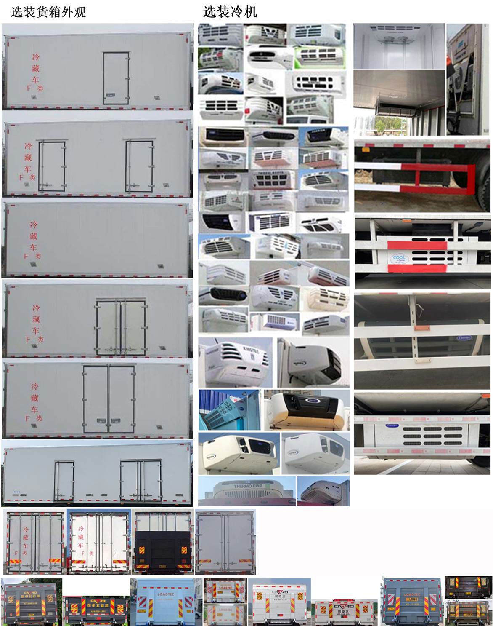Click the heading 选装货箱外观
pos(48,12)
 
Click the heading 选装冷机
pos(230,12)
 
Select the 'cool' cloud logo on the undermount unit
pos(398,257)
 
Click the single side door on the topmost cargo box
pos(116,78)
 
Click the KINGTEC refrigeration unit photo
pos(236,362)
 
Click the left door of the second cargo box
pos(52,166)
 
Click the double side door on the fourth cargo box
pos(121,327)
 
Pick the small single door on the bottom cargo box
pos(64,481)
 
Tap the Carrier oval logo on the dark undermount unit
pos(465,338)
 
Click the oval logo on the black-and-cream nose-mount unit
pos(313,401)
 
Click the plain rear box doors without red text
pos(225,542)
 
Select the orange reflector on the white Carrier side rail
pos(416,328)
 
